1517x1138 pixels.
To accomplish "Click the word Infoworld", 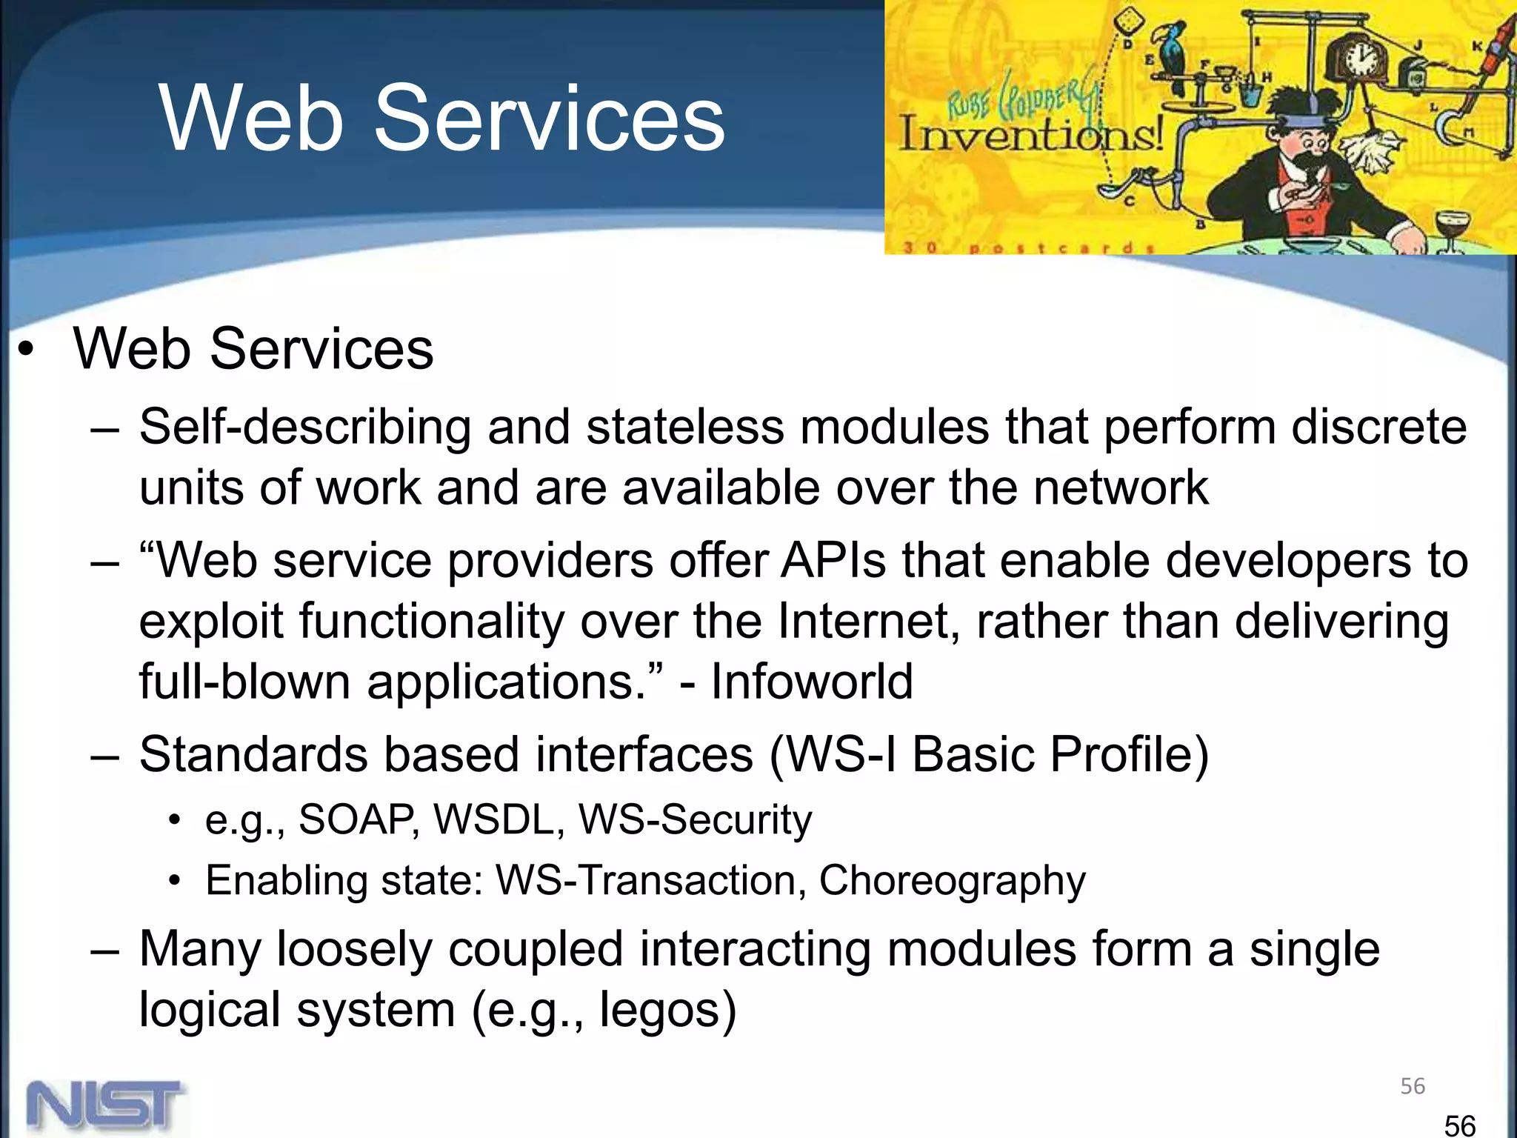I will coord(812,682).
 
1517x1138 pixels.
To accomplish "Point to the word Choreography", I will coord(952,881).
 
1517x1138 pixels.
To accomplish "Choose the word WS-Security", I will coord(695,820).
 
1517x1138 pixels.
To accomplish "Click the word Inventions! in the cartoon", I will coord(1030,136).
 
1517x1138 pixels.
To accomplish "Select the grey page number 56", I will coord(1413,1086).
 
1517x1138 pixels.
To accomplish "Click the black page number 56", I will coord(1460,1125).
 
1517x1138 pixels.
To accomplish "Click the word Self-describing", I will coord(305,428).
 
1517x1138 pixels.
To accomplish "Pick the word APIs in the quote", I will coord(833,561).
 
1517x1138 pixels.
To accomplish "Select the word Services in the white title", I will coord(549,119).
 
